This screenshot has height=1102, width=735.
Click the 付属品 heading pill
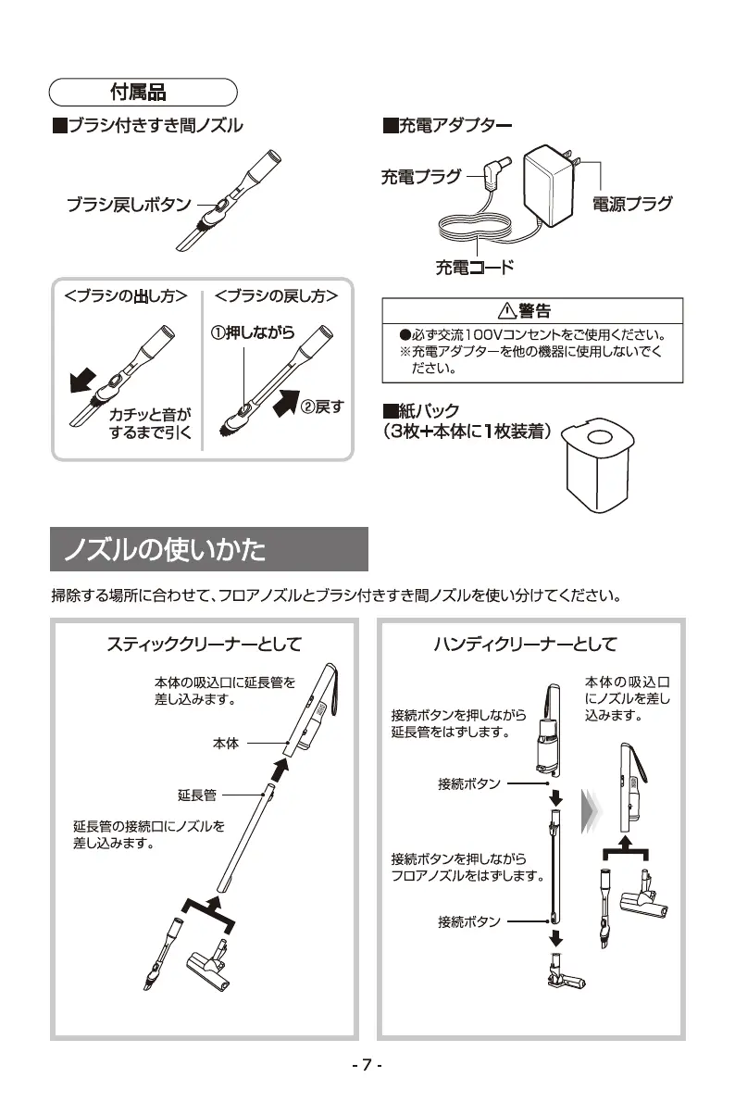143,93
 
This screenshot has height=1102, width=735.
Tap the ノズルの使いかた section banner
209,550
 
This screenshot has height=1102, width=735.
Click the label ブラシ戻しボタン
128,206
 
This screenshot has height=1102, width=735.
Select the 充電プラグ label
420,177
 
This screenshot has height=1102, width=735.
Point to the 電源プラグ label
632,204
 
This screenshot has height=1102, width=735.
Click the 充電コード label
474,269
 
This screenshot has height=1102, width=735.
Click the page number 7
367,1066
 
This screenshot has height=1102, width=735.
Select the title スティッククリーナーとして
204,644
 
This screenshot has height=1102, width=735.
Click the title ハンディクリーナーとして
525,644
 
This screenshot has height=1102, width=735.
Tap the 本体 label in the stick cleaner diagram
226,743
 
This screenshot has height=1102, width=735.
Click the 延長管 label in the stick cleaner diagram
197,795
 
